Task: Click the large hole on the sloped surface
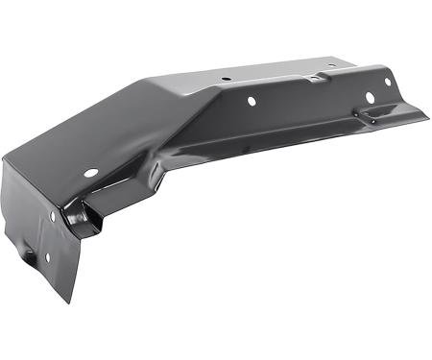click(91, 173)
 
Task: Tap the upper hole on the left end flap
click(53, 216)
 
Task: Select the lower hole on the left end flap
click(30, 254)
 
